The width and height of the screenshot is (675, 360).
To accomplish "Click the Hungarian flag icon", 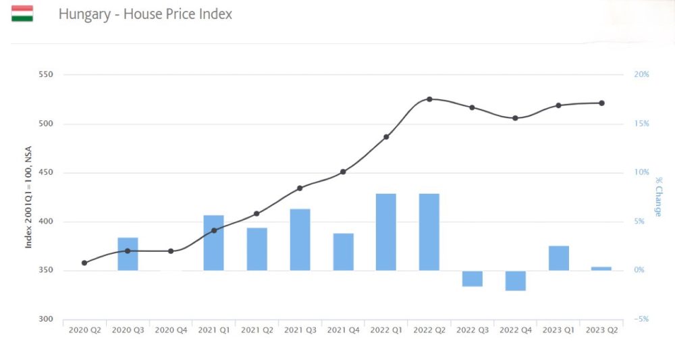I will pyautogui.click(x=22, y=14).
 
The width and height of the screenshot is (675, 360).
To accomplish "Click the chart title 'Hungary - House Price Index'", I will pyautogui.click(x=145, y=14).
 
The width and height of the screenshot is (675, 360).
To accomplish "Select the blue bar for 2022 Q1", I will pyautogui.click(x=386, y=232).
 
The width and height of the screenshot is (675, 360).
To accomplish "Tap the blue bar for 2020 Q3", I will pyautogui.click(x=128, y=254).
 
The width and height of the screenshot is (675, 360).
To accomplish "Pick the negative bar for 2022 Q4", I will pyautogui.click(x=515, y=280).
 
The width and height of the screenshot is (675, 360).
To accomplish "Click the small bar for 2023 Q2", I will pyautogui.click(x=601, y=268).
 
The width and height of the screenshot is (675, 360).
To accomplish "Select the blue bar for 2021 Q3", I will pyautogui.click(x=300, y=239).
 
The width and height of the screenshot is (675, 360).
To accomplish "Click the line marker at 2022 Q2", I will pyautogui.click(x=429, y=99).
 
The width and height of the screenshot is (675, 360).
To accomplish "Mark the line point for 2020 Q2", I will pyautogui.click(x=84, y=263).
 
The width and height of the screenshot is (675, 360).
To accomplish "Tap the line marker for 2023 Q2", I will pyautogui.click(x=601, y=103).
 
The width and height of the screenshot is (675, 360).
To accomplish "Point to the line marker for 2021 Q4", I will pyautogui.click(x=343, y=172).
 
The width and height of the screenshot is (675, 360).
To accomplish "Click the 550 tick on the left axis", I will pyautogui.click(x=46, y=74).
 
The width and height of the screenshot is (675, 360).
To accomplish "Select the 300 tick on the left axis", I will pyautogui.click(x=46, y=319).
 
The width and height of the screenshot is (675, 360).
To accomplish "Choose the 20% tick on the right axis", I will pyautogui.click(x=641, y=74).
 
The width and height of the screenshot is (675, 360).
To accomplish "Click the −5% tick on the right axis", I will pyautogui.click(x=641, y=319).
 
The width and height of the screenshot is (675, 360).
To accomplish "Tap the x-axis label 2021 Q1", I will pyautogui.click(x=213, y=330).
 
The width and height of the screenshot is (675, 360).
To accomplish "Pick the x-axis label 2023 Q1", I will pyautogui.click(x=558, y=330).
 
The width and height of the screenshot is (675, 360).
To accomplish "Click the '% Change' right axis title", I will pyautogui.click(x=657, y=197).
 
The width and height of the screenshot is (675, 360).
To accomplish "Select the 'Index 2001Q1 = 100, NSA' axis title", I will pyautogui.click(x=29, y=197).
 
